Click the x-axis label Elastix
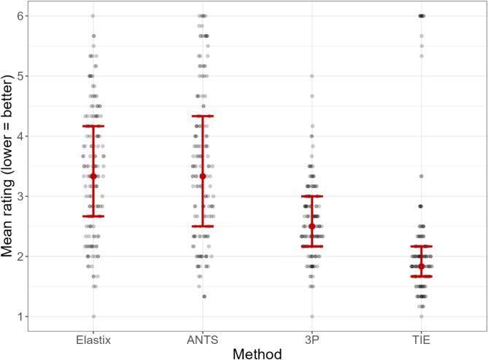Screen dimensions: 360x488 pos(93,339)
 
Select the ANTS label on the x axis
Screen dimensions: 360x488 pos(202,339)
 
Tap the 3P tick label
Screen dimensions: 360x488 pos(312,339)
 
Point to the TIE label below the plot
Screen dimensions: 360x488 pos(422,339)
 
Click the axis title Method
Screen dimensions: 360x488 pos(257,352)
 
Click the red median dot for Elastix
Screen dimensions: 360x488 pos(93,176)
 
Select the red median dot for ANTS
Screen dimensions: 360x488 pos(203,176)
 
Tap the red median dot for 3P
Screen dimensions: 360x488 pos(312,226)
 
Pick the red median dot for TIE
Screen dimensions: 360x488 pos(422,266)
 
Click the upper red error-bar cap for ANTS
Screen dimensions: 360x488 pos(203,116)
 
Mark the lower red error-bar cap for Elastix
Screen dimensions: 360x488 pos(93,216)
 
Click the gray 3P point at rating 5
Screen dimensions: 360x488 pos(312,76)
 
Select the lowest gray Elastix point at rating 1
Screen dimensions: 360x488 pos(93,316)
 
